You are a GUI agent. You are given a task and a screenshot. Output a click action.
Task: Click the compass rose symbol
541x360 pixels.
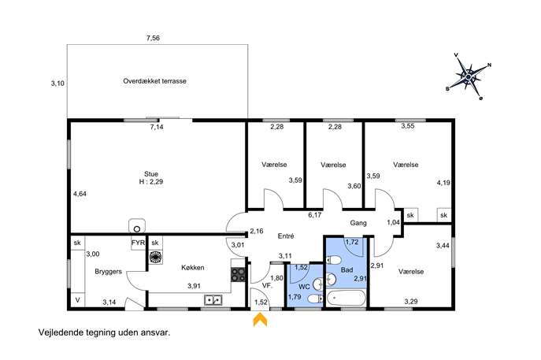[469, 76]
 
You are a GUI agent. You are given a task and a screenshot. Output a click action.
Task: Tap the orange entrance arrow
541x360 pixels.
[260, 320]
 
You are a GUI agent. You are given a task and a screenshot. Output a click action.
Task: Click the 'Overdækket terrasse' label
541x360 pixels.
[154, 81]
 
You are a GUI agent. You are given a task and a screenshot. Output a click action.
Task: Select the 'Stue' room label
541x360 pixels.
[151, 174]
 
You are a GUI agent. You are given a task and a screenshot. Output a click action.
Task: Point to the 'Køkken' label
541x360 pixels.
[192, 268]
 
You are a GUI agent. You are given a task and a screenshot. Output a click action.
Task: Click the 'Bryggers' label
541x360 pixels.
[108, 272]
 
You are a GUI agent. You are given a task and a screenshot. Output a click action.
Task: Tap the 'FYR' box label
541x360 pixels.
[138, 243]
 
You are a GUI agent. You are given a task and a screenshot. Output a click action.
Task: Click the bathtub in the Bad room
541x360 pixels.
[346, 299]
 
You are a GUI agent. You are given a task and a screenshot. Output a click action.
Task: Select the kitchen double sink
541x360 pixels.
[213, 300]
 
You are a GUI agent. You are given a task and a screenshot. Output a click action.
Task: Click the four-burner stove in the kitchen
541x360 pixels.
[238, 275]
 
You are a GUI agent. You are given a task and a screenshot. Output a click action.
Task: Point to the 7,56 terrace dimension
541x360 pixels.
[153, 38]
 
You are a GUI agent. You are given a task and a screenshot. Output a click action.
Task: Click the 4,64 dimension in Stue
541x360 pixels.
[80, 194]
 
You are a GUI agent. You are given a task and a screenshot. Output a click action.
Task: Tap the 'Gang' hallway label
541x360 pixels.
[358, 223]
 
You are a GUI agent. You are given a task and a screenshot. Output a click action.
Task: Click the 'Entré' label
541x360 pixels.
[286, 236]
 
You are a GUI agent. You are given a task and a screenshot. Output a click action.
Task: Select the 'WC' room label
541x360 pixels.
[304, 287]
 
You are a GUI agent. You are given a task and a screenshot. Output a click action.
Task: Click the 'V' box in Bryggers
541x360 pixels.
[78, 300]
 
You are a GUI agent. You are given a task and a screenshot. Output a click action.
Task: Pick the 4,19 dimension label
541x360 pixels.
[443, 183]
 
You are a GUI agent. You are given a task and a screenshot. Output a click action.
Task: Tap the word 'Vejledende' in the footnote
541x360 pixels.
[57, 332]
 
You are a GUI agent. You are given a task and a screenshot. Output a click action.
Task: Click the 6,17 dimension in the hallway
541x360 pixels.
[315, 215]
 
